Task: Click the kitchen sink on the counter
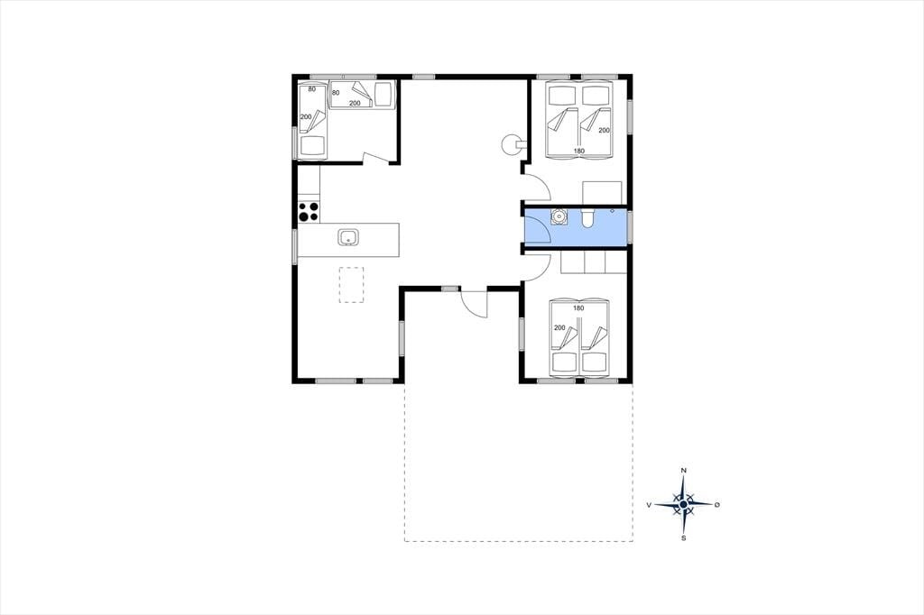pos(347,238)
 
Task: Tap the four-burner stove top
pos(309,212)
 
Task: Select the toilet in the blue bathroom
pos(587,218)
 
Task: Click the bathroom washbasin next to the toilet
pos(558,216)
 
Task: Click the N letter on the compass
pos(684,471)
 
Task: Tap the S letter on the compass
pos(684,537)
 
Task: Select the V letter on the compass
pos(649,505)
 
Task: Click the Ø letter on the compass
pos(717,505)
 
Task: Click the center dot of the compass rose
pos(684,505)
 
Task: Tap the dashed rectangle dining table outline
pos(351,285)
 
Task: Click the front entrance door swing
pos(475,304)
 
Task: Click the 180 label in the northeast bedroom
pos(579,151)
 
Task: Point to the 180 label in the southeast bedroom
pos(578,308)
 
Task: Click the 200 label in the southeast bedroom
pos(559,328)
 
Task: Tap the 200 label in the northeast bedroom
pos(604,130)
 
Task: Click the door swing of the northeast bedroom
pos(538,188)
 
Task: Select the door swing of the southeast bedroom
pos(538,267)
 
